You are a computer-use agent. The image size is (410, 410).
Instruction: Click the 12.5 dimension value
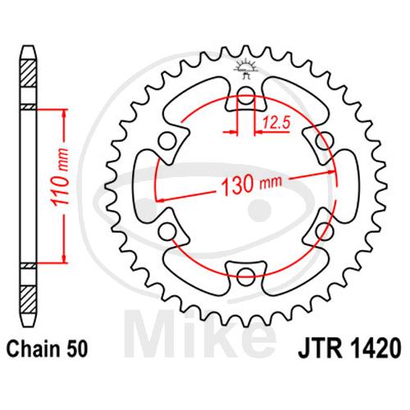tap(276, 123)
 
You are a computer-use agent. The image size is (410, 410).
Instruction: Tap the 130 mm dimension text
tap(251, 184)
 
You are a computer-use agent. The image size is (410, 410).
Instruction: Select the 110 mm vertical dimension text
tap(60, 177)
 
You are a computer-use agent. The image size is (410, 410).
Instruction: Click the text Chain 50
tap(48, 349)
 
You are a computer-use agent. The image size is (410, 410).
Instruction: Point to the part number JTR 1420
tap(349, 348)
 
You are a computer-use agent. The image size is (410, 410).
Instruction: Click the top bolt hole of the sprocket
tap(245, 96)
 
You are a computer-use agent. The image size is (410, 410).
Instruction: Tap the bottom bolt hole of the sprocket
tap(246, 276)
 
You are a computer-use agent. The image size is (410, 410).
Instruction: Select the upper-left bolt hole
tap(167, 141)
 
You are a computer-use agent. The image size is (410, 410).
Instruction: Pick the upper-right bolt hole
tap(324, 141)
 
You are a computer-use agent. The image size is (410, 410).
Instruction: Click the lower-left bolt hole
tap(167, 231)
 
